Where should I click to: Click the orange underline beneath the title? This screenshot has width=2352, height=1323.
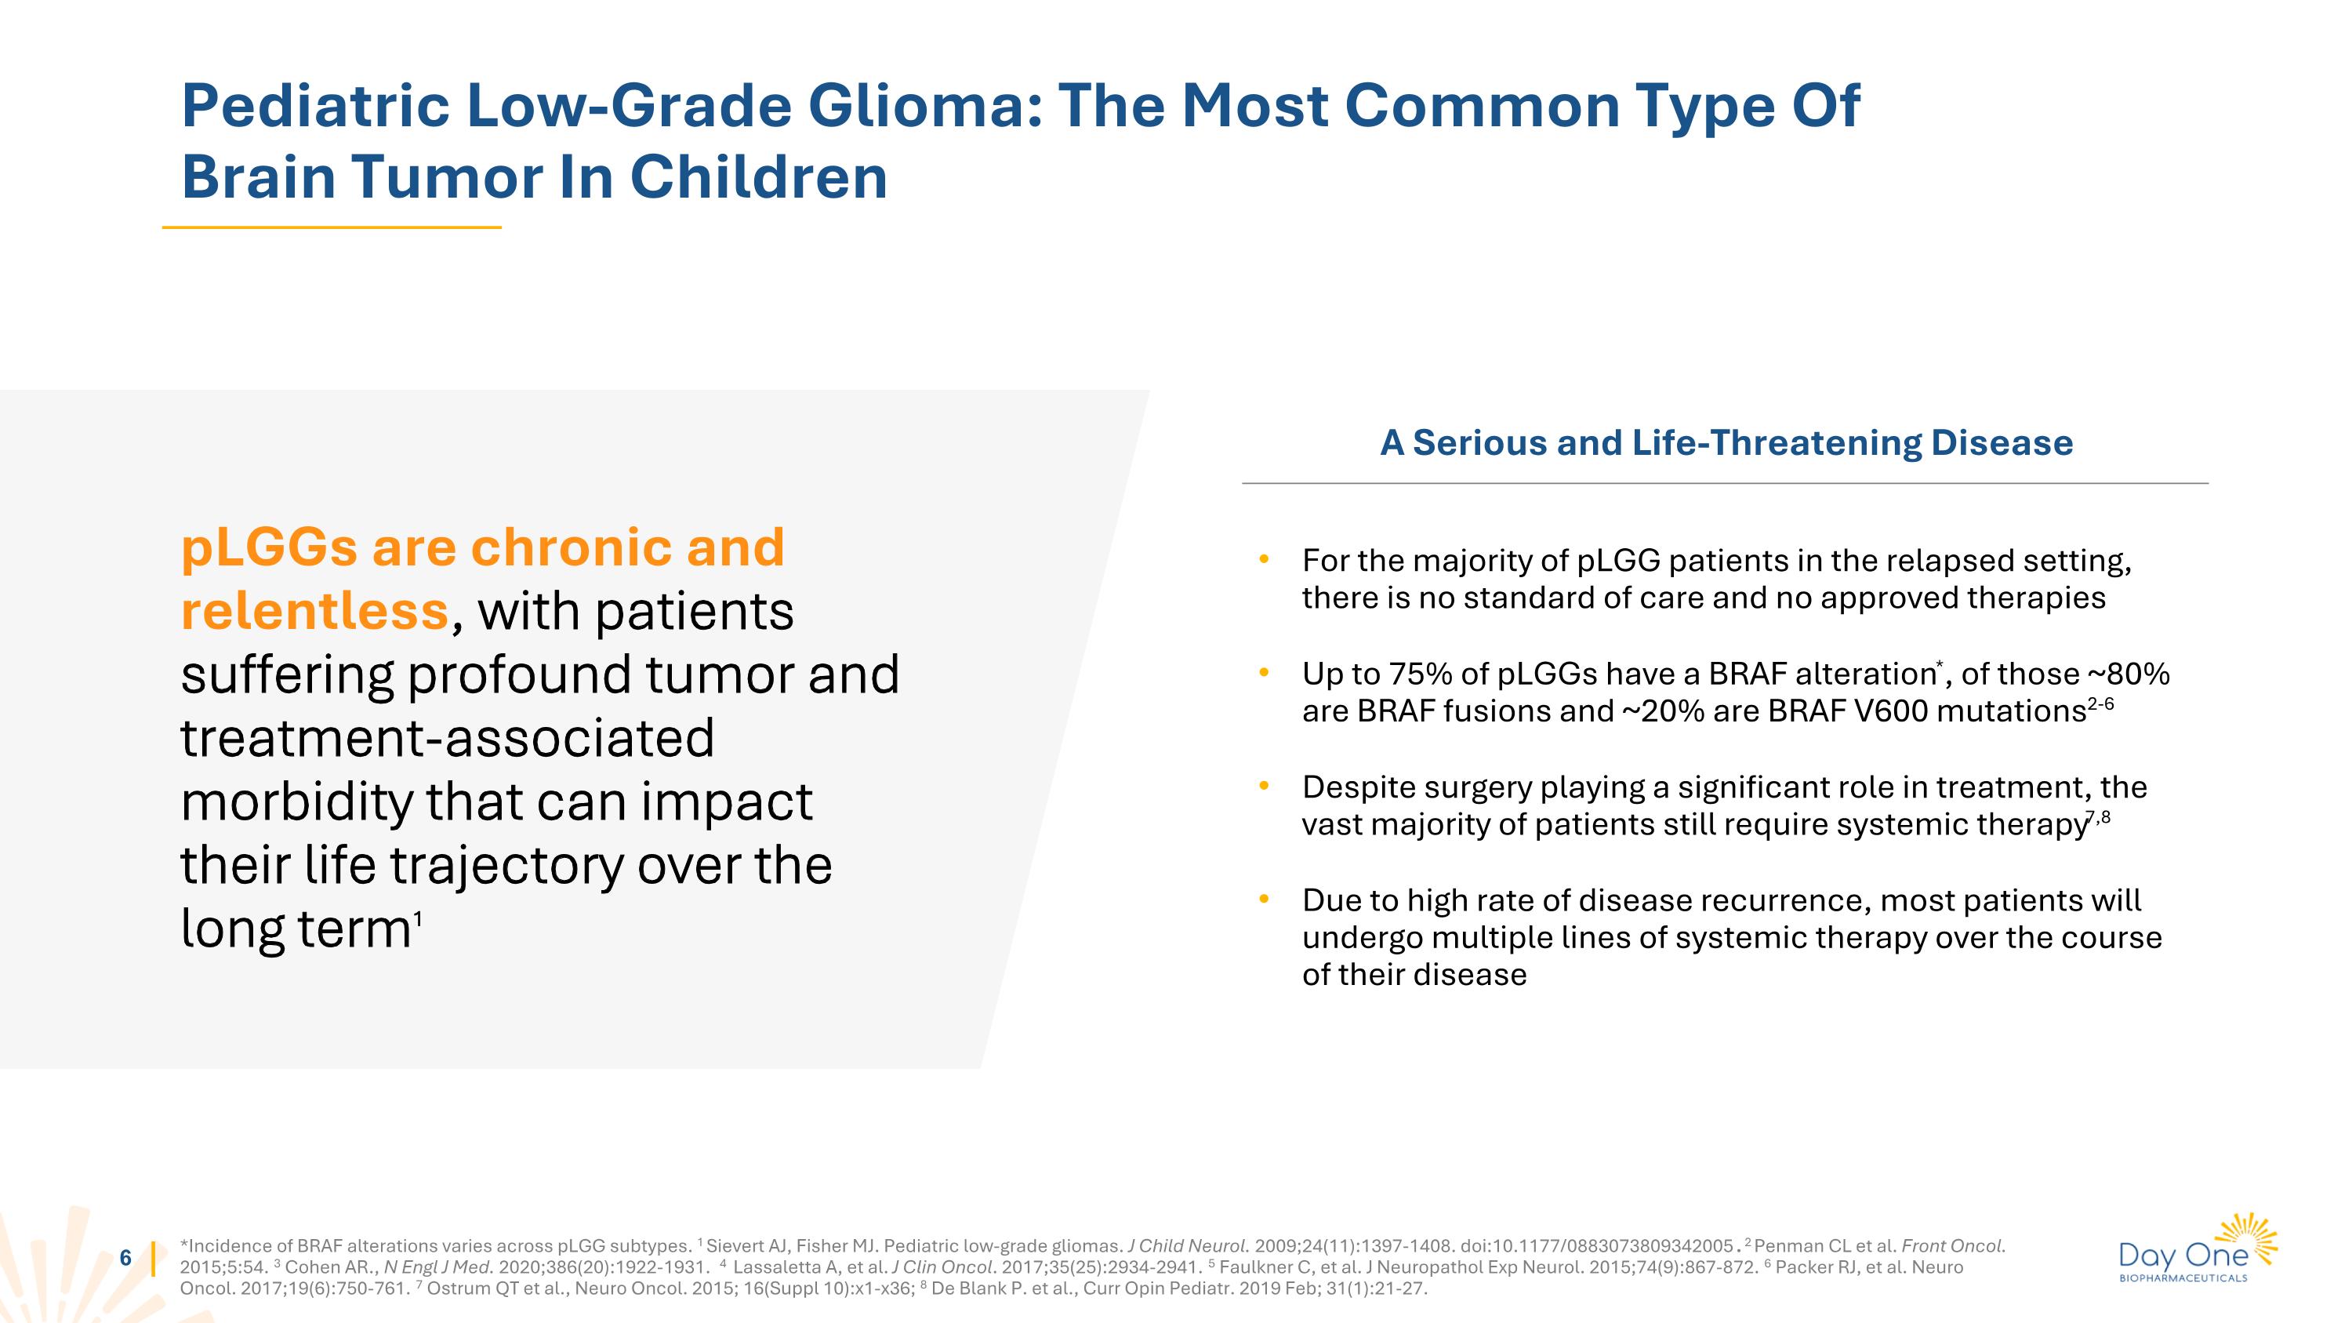[332, 227]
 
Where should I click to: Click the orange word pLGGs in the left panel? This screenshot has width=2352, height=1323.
[268, 548]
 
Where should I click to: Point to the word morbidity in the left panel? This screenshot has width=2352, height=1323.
[296, 801]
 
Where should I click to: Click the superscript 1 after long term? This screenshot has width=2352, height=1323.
[417, 918]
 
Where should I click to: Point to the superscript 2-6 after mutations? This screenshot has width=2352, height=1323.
[2100, 704]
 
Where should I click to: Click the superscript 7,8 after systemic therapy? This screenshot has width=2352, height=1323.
[2098, 817]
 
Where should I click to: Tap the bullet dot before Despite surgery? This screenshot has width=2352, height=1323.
[1264, 786]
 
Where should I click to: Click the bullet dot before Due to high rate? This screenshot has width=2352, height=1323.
[1264, 900]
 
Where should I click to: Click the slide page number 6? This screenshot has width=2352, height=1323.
[126, 1258]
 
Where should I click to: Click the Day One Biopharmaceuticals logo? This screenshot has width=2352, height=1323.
[2197, 1249]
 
